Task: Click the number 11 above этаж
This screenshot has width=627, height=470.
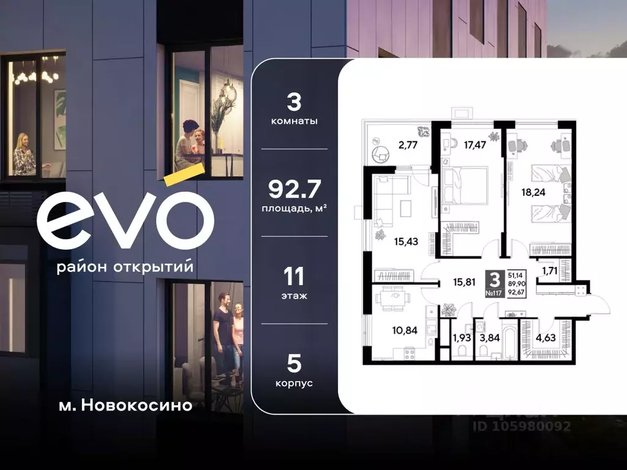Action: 293,277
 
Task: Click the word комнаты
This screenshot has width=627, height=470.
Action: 294,121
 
